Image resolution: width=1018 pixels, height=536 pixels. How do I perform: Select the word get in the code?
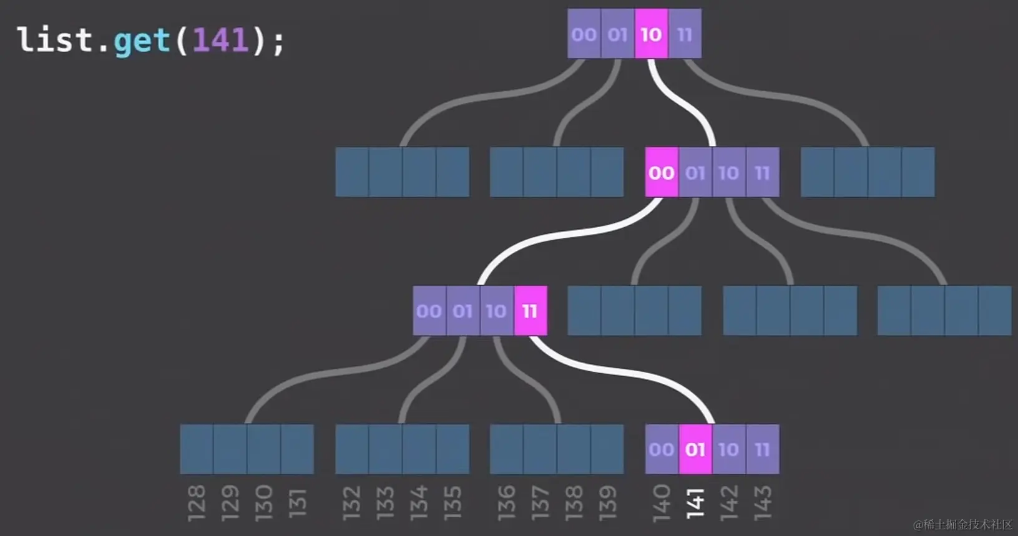tap(142, 41)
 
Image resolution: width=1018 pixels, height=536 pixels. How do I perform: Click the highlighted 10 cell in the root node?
tap(651, 34)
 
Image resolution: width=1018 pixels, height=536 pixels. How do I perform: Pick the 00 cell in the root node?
tap(584, 34)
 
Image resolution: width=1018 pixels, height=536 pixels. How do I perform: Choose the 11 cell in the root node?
tap(685, 34)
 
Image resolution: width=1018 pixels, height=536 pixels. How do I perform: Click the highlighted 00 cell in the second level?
tap(662, 173)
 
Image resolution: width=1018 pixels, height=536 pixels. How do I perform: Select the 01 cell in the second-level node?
tap(695, 173)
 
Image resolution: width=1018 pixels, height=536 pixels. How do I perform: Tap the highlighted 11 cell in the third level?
tap(530, 311)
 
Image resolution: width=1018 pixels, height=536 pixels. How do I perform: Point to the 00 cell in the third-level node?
tap(429, 311)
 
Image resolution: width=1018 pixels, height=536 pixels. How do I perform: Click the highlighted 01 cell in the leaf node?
tap(695, 449)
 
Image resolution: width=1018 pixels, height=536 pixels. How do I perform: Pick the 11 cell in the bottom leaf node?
tap(762, 449)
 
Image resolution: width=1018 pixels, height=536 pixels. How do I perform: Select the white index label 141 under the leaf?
tap(695, 503)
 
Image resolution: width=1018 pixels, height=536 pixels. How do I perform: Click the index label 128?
tap(197, 503)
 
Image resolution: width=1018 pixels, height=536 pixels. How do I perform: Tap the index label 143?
tap(763, 503)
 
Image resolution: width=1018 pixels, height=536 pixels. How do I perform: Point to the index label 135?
tap(453, 503)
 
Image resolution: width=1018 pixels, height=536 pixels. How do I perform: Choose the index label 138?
tap(574, 503)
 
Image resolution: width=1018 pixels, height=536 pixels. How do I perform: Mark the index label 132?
tap(351, 503)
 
